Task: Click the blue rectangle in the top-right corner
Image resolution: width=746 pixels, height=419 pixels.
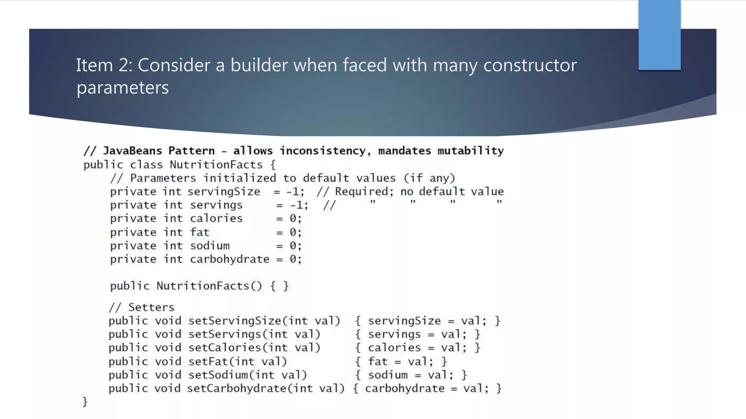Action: point(659,35)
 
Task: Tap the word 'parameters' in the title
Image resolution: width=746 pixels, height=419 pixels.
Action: point(122,88)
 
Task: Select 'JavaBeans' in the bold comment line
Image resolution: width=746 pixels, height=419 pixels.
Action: point(132,151)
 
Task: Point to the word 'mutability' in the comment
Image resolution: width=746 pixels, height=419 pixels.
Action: point(470,151)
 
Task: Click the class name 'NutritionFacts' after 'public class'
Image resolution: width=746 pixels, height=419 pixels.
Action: point(216,165)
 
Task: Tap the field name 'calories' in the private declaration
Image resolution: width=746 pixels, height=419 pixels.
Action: point(216,219)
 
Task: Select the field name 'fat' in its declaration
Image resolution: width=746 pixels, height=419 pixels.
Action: point(200,232)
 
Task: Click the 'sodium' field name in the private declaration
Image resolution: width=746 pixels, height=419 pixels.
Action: point(210,246)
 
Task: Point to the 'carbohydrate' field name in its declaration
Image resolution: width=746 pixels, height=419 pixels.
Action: point(229,259)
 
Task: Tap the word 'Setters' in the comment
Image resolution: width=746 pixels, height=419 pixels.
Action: point(151,307)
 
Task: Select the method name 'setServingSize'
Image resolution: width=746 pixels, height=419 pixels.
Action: point(235,321)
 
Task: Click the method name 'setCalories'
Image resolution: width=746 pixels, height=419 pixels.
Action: point(224,348)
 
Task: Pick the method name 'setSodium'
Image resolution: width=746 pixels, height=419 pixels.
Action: point(218,375)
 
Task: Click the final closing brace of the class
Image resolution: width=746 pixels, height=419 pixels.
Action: point(85,402)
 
